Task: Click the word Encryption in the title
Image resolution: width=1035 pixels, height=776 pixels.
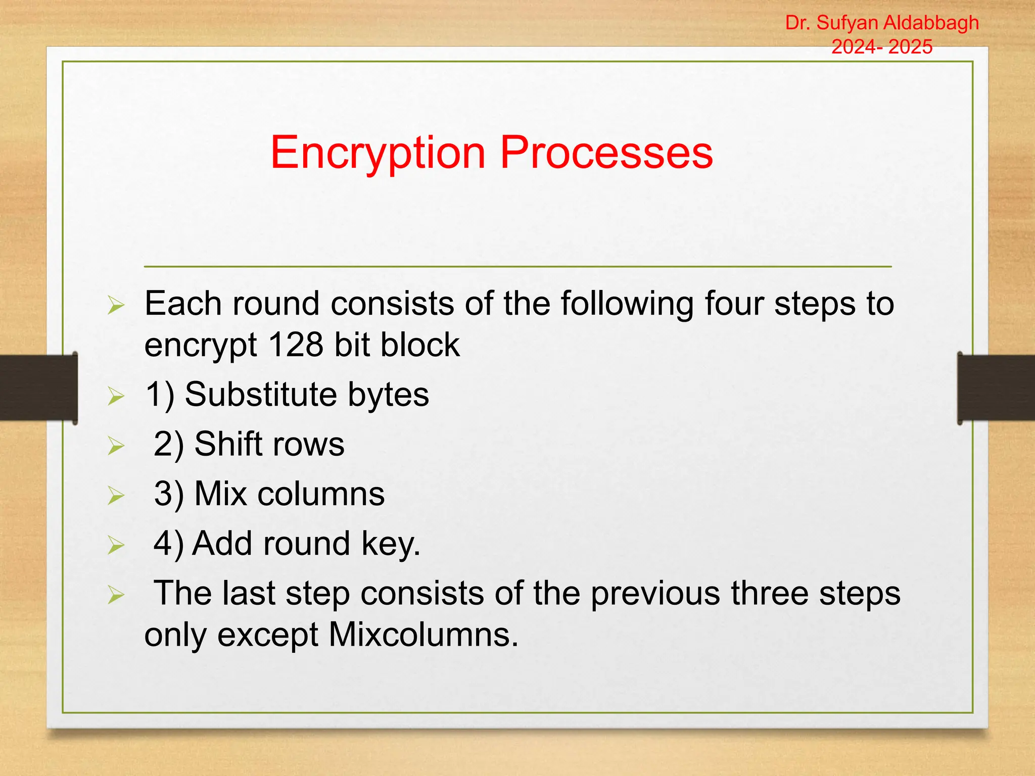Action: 378,153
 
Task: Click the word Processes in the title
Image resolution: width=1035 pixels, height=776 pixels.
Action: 606,153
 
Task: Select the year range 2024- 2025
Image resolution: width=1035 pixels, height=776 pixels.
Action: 882,47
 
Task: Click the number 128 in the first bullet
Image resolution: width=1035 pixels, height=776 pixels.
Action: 296,345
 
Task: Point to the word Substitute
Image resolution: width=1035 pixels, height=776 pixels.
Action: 260,394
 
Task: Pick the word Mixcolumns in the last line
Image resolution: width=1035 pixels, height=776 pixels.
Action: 423,635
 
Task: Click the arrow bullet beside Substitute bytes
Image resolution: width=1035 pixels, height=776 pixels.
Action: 116,397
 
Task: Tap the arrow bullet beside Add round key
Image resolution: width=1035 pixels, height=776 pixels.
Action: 116,546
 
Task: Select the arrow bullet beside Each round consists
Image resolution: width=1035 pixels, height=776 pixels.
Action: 116,306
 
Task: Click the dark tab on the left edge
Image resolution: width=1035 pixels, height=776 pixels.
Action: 38,388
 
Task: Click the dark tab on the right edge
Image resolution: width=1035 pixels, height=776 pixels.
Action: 996,388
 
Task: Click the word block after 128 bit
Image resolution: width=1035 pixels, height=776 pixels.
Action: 420,345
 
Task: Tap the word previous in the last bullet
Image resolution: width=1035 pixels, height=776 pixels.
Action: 655,594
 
